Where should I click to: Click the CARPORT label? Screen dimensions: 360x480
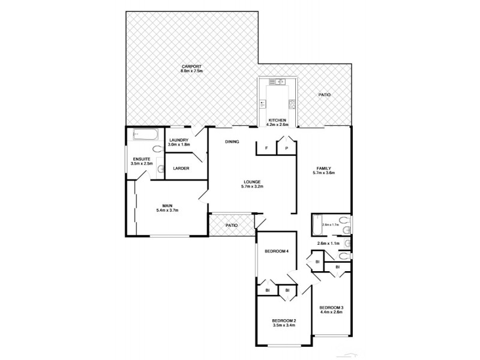(192, 66)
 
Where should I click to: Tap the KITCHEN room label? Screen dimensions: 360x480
(278, 120)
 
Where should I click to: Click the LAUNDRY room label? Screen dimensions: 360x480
(179, 140)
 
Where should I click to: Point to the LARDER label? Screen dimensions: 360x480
(181, 168)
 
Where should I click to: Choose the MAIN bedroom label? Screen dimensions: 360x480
(167, 205)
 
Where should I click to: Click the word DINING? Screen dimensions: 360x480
(232, 142)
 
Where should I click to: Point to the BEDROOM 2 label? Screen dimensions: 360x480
(284, 320)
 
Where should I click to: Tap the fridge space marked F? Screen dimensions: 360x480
(266, 148)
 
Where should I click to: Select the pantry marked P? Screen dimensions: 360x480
(286, 148)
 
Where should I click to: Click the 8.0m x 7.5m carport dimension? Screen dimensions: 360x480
(192, 71)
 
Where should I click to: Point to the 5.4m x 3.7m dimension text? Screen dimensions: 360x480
(167, 211)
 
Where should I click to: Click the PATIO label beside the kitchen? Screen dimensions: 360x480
(324, 95)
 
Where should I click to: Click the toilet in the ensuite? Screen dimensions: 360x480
(157, 149)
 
